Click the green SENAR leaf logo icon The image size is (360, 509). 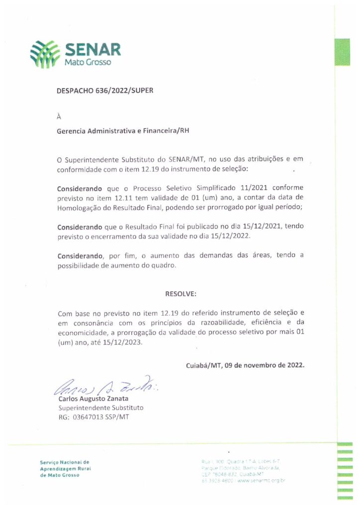(x=45, y=54)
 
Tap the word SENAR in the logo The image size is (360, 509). (x=92, y=50)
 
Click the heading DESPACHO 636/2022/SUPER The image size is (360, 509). (x=105, y=91)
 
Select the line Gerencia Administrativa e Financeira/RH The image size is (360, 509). (x=123, y=131)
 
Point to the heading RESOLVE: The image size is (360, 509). (x=181, y=294)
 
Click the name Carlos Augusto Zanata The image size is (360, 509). (x=93, y=399)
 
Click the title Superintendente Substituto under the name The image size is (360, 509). (x=101, y=408)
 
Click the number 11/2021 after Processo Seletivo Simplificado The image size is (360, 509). (x=252, y=189)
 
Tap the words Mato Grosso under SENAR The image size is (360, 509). (x=88, y=63)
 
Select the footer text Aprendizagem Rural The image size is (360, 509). (x=64, y=468)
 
